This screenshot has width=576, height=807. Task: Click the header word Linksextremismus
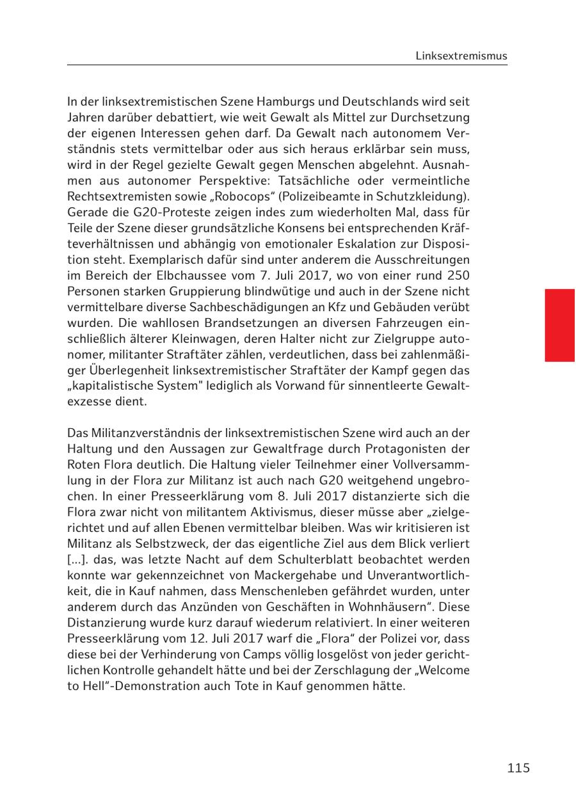click(x=461, y=56)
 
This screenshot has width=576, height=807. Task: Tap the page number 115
click(x=518, y=768)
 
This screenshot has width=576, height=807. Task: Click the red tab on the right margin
click(x=559, y=325)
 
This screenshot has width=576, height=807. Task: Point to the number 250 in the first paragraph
click(x=458, y=275)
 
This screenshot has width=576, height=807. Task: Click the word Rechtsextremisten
click(x=113, y=196)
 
